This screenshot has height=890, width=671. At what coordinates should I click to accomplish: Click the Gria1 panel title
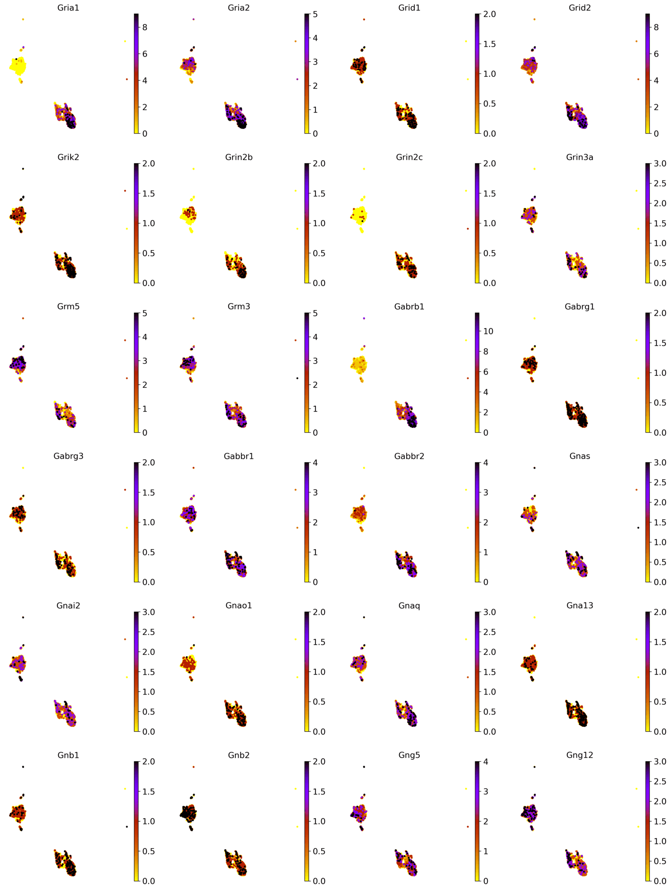(68, 8)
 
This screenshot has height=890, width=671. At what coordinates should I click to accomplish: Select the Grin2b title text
(239, 157)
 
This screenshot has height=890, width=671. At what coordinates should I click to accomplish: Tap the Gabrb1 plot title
(409, 307)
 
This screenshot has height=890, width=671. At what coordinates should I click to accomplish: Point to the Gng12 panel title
(579, 755)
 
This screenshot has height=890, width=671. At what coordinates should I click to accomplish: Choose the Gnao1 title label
(239, 606)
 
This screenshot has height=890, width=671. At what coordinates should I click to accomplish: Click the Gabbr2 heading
(409, 456)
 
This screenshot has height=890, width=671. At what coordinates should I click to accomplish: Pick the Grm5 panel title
(68, 307)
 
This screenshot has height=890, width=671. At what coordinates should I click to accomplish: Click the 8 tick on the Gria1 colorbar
(145, 27)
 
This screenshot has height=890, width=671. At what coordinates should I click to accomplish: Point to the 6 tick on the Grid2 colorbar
(656, 54)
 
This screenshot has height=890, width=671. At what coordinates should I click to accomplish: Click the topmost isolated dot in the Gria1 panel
(23, 19)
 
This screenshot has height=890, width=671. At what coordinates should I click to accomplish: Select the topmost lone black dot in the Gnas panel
(534, 468)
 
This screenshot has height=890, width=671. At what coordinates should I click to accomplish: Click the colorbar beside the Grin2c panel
(477, 223)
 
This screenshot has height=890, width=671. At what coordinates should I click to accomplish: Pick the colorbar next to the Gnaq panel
(477, 671)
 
